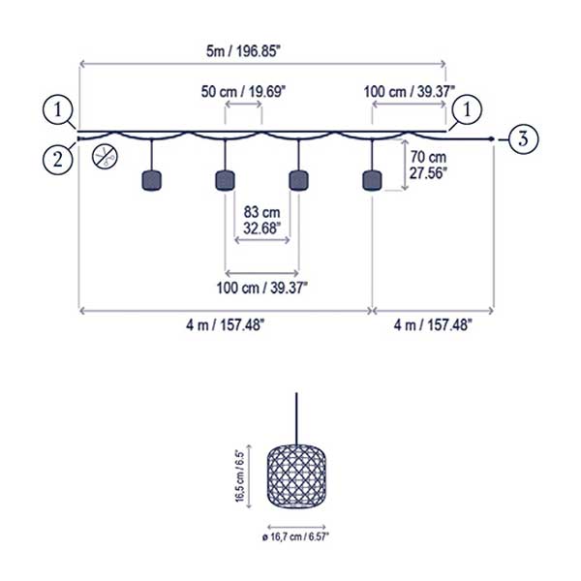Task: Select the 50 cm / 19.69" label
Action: click(x=243, y=91)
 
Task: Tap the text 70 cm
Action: click(x=427, y=158)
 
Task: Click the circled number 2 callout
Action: click(x=58, y=160)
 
